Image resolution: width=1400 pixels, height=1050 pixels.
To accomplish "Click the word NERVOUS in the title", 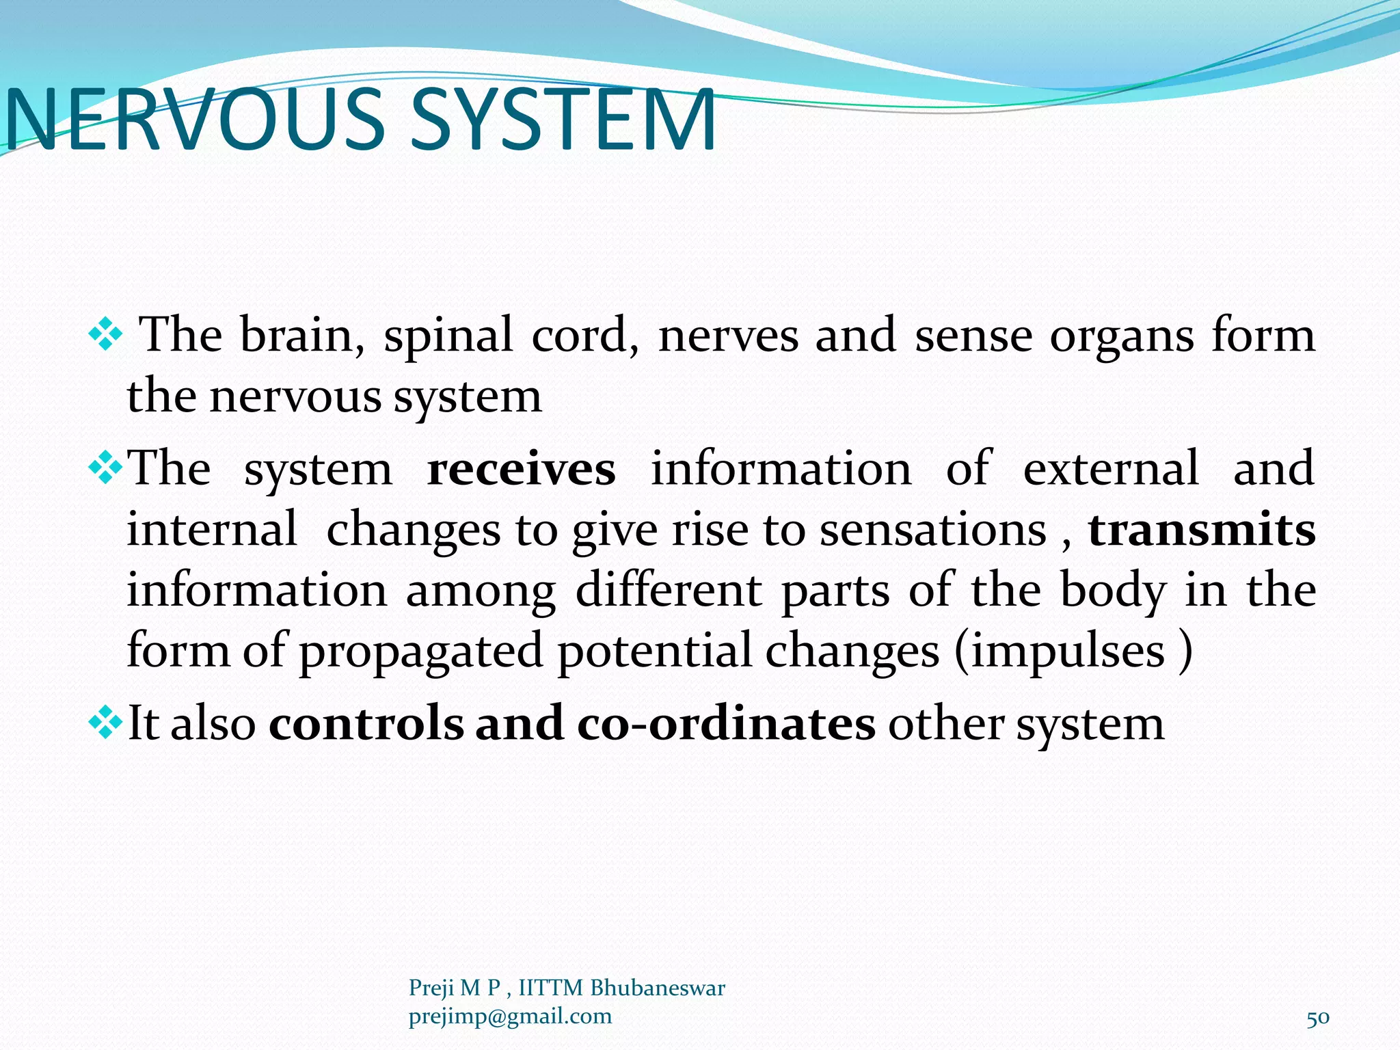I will [195, 120].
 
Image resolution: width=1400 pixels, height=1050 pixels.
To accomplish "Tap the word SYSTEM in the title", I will [563, 120].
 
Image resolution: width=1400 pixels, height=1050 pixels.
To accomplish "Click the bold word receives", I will [521, 470].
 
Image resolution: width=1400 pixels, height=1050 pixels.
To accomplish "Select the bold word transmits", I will [1202, 530].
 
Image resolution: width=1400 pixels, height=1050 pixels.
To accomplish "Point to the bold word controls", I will [366, 724].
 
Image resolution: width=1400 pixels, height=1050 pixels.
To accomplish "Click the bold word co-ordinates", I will [726, 724].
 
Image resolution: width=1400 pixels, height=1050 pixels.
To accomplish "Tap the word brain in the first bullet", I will [302, 336].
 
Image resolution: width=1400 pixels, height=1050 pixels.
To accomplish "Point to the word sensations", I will [933, 530].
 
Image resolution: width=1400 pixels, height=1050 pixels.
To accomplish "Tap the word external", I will [1111, 470].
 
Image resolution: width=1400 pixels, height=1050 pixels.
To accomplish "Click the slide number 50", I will [1318, 1018].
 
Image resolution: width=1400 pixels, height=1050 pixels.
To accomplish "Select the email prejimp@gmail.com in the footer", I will [510, 1017].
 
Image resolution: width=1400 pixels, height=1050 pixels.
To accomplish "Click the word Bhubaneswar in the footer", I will [657, 988].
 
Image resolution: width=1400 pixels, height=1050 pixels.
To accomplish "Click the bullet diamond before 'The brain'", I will [105, 336].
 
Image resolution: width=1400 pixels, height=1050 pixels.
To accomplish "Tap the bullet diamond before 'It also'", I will [105, 724].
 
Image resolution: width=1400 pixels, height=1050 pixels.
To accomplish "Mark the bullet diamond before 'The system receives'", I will [105, 470].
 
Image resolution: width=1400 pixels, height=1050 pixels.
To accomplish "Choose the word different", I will [669, 590].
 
